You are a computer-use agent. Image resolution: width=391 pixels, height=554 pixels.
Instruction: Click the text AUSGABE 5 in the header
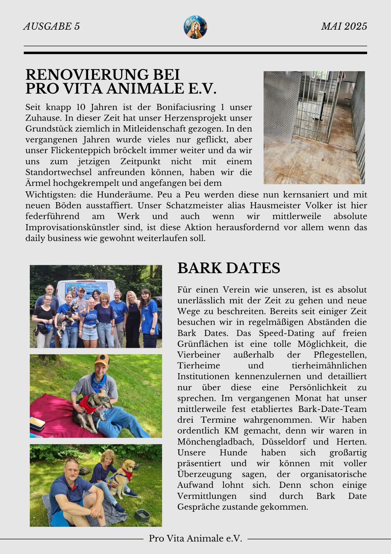(x=52, y=26)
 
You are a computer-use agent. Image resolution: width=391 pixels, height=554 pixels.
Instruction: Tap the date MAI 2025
(x=344, y=26)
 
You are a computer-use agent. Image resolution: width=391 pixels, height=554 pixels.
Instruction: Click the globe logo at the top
(x=195, y=27)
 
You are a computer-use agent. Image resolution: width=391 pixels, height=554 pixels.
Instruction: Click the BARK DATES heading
(x=229, y=268)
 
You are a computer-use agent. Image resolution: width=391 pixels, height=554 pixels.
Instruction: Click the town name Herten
(x=351, y=442)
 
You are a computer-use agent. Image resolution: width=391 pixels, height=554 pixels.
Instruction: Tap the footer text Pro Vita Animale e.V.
(x=195, y=538)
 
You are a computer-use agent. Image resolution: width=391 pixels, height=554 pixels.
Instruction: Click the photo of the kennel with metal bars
(x=314, y=127)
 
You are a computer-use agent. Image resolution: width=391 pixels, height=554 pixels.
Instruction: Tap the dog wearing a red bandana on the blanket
(x=92, y=409)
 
